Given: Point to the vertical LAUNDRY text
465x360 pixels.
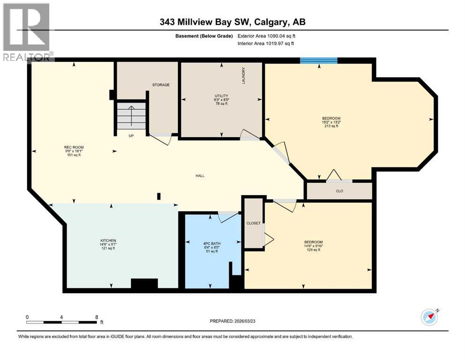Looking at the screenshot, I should tap(244, 75).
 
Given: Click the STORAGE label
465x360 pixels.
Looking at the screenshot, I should tap(161, 85).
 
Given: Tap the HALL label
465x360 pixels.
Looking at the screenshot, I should tap(200, 176).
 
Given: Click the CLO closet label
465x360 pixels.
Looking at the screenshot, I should tap(339, 191).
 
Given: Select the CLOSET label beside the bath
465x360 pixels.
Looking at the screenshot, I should tap(253, 223).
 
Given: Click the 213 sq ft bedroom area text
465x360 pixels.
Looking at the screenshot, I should tap(331, 126).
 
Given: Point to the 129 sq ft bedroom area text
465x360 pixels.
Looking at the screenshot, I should tap(313, 250).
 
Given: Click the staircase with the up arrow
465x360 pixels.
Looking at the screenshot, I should tap(131, 116).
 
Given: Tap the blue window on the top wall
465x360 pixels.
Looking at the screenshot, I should tap(318, 60).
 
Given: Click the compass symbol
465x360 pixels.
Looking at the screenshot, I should tap(429, 317).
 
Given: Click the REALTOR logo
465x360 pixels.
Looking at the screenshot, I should tap(26, 32).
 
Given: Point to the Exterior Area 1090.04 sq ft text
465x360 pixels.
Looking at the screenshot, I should tap(266, 36).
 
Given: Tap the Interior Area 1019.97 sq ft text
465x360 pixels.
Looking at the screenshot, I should tap(266, 44).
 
